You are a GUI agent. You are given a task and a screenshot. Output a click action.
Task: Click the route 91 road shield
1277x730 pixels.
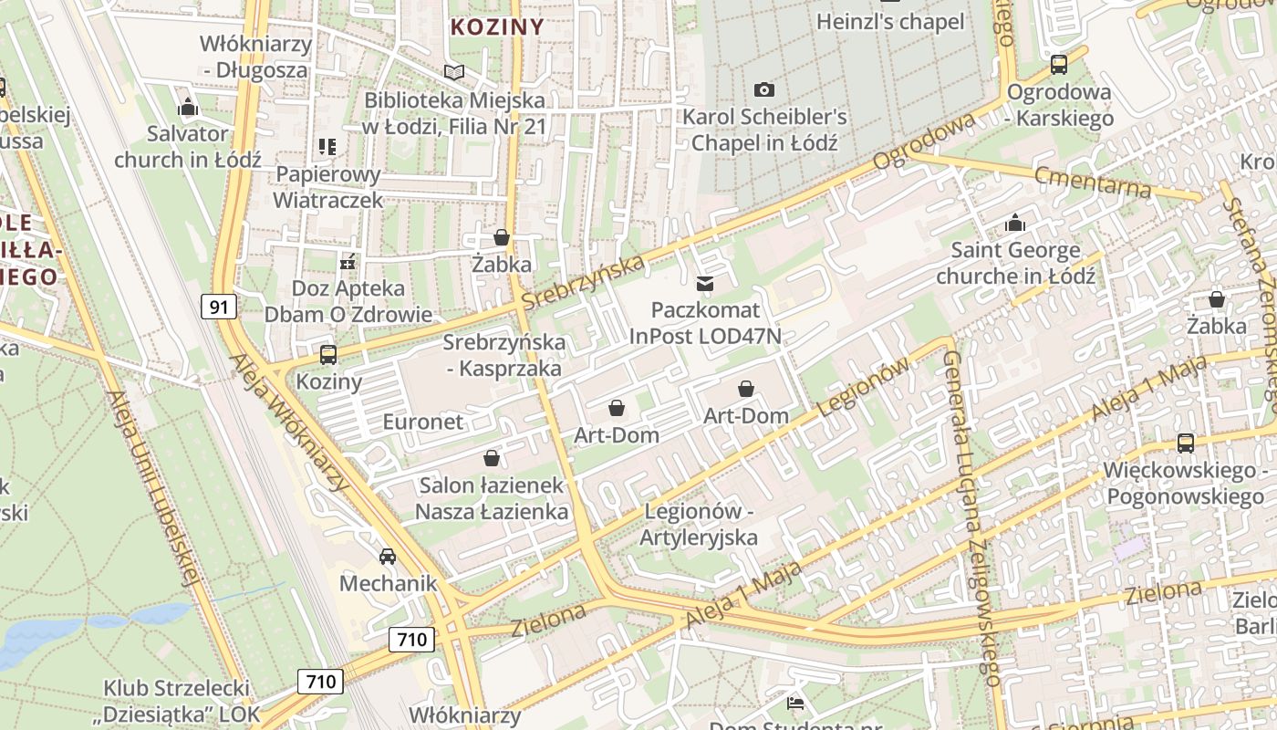[x=219, y=307]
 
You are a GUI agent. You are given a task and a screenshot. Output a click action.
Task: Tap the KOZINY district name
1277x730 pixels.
[x=497, y=26]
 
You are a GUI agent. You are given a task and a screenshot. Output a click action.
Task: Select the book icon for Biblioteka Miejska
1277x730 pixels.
[x=453, y=72]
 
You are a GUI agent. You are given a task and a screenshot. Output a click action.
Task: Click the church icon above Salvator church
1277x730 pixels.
[x=188, y=107]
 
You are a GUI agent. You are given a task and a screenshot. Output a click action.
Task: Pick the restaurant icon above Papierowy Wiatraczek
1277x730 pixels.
[x=327, y=147]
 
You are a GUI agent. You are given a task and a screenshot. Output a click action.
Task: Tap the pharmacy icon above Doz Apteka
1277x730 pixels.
[x=348, y=263]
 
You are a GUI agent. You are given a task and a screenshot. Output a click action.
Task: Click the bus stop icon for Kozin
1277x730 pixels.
[x=328, y=355]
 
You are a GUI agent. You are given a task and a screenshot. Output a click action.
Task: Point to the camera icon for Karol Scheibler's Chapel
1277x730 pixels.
[x=764, y=89]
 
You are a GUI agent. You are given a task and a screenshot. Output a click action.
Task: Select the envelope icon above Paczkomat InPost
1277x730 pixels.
[x=705, y=284]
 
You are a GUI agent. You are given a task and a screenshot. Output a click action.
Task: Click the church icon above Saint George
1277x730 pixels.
[x=1015, y=224]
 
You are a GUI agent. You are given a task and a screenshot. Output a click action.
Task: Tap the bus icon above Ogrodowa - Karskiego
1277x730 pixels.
[x=1059, y=65]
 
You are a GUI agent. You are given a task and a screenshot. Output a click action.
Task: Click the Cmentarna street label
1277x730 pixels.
[x=1093, y=181]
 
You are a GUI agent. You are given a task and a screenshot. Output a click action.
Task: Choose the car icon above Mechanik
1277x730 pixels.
[x=388, y=556]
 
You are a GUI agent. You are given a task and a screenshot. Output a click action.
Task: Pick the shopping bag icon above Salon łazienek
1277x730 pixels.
[x=492, y=458]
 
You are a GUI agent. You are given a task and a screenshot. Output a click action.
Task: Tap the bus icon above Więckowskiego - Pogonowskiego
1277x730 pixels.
[x=1185, y=443]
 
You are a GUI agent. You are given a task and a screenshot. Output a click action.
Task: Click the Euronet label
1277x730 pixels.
[x=423, y=422]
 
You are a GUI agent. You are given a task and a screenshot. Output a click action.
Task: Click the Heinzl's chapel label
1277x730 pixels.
[x=890, y=21]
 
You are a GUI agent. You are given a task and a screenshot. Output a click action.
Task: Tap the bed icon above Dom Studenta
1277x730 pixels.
[x=795, y=703]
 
